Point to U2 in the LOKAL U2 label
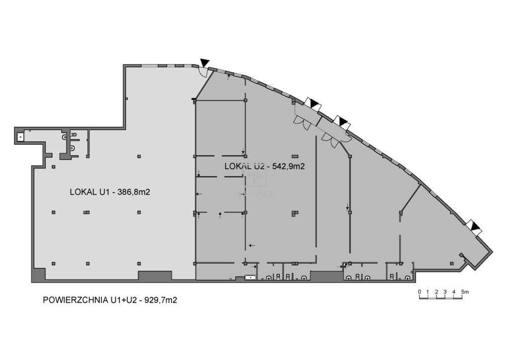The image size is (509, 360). tap(255, 167)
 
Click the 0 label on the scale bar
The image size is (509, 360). tap(420, 291)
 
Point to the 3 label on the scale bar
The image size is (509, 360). tap(445, 291)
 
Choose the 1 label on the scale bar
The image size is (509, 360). tap(428, 291)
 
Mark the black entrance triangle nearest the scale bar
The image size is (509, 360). tap(476, 227)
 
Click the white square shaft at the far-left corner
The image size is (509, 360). tap(20, 135)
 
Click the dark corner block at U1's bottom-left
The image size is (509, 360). tap(39, 274)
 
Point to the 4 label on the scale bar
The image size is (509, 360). tap(454, 291)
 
